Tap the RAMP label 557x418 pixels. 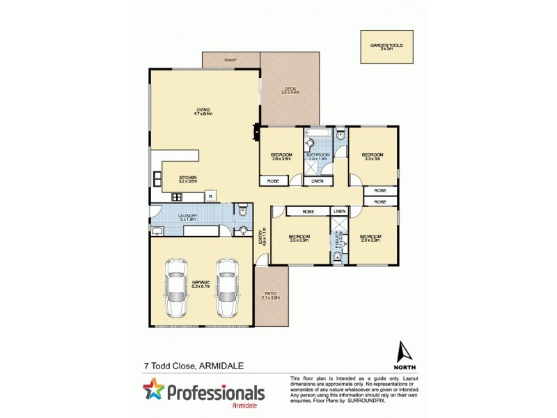[x=230, y=61]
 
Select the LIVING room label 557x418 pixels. [x=203, y=111]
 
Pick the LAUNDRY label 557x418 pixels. [x=187, y=217]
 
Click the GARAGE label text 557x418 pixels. [x=200, y=284]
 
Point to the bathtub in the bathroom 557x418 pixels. [x=319, y=132]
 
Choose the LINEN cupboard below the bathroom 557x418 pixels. [x=317, y=181]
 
